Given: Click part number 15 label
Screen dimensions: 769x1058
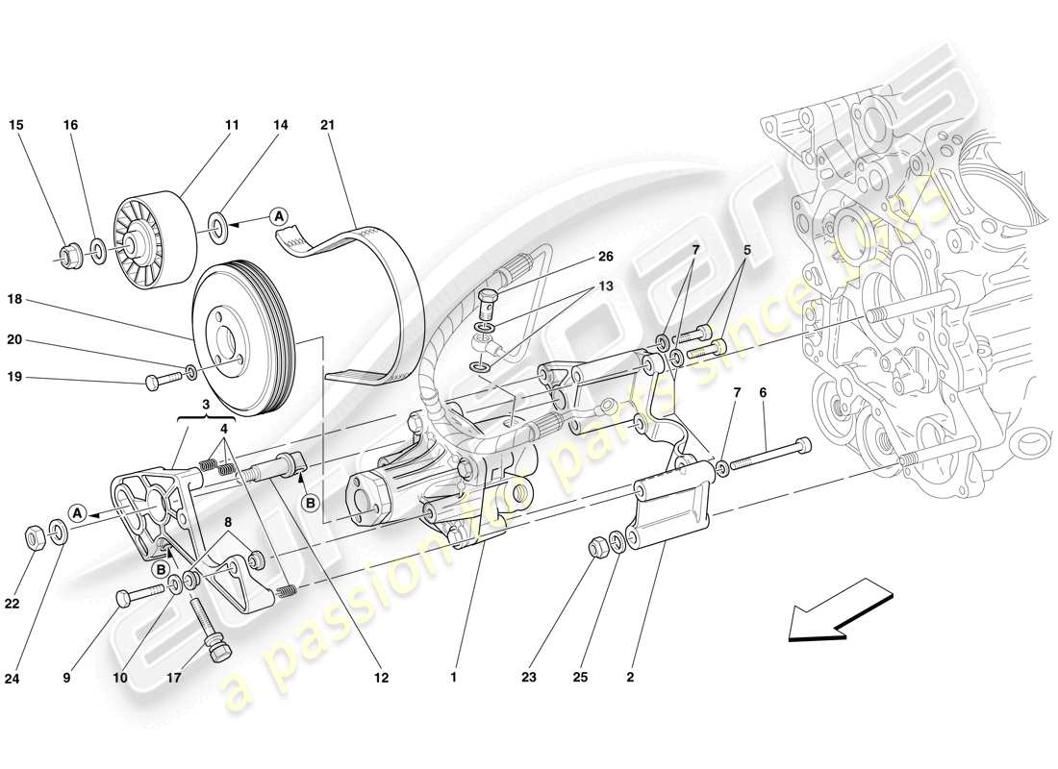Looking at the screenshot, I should tap(16, 125).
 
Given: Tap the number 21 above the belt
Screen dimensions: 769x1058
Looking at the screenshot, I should tap(329, 125).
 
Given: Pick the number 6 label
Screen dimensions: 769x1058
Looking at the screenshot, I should tap(763, 393).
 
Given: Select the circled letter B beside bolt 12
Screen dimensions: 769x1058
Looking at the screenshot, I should tap(311, 501).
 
